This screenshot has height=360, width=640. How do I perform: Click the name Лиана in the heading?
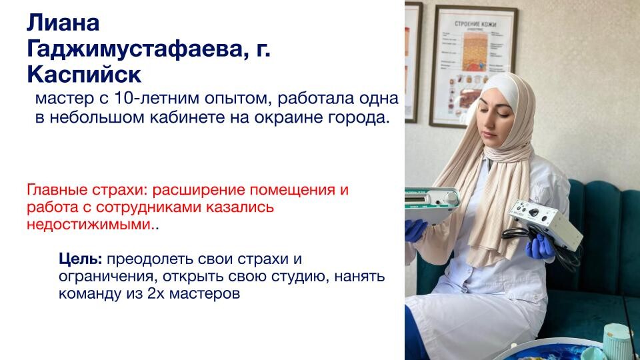tap(63, 23)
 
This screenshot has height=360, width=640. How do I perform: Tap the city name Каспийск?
tap(84, 75)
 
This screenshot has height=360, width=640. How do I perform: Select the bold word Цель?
tap(81, 259)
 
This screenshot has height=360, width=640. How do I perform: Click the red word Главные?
tap(57, 190)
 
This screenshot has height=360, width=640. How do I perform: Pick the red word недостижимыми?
tap(89, 225)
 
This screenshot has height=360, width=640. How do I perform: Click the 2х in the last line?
tap(155, 293)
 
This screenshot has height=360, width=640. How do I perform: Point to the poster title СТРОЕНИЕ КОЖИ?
tap(475, 24)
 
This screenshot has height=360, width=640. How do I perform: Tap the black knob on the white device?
tap(533, 212)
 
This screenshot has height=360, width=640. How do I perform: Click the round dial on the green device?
tap(451, 197)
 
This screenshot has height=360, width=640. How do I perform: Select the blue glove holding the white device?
tap(540, 247)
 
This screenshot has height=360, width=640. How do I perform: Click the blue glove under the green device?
tap(415, 230)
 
